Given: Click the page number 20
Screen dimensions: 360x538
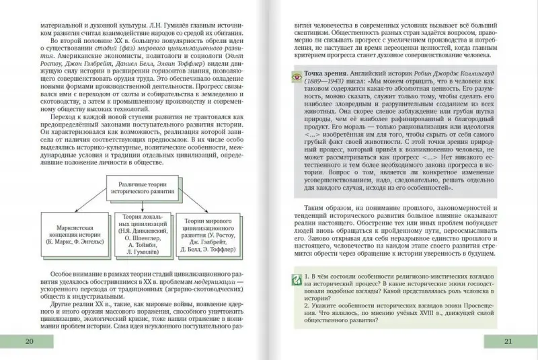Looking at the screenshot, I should coord(28,340).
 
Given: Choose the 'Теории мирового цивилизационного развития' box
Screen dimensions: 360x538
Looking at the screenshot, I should coord(211,233).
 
